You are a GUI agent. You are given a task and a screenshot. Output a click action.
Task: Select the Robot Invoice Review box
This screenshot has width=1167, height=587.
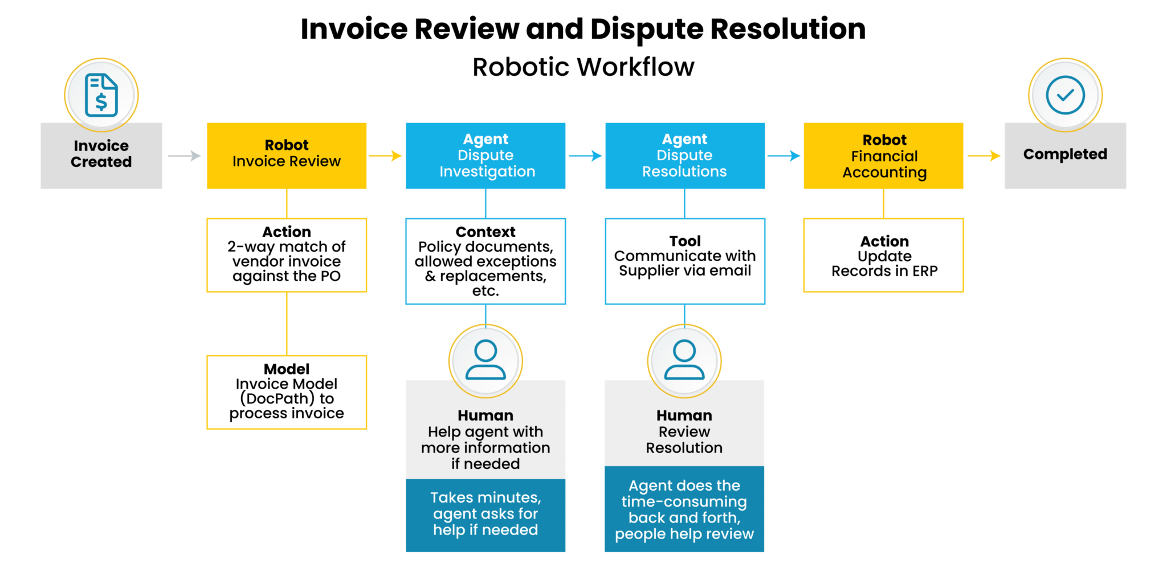286,155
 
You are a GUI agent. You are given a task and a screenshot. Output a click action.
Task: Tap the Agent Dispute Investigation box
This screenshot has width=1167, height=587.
485,155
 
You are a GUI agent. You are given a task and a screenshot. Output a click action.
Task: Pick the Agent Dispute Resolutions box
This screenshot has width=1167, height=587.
684,155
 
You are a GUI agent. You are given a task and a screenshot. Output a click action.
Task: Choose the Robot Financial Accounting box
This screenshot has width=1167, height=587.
883,155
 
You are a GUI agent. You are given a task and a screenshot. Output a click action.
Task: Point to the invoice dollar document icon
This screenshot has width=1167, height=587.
101,95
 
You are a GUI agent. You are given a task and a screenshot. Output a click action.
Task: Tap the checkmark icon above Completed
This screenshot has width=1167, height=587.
1065,95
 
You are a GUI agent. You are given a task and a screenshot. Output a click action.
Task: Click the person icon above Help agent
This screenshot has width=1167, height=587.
485,360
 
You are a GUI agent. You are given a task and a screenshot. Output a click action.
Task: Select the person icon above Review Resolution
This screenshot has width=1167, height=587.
684,360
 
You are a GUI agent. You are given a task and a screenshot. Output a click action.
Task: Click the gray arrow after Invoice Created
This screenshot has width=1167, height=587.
185,155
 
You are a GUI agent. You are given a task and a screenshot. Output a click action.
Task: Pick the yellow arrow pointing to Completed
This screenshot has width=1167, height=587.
984,156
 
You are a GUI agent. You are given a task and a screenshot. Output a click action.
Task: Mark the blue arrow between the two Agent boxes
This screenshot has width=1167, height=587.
586,156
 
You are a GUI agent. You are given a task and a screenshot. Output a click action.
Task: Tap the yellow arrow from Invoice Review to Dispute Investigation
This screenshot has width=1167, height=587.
386,155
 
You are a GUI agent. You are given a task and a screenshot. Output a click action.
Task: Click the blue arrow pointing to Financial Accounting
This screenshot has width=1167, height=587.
784,156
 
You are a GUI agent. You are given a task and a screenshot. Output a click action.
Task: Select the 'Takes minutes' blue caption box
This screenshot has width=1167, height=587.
485,515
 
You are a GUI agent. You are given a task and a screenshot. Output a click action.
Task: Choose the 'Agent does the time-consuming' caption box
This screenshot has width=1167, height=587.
684,509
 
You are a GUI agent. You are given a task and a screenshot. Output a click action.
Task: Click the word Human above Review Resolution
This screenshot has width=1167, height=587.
684,415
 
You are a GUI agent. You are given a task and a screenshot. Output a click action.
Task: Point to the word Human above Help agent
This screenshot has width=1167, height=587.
485,415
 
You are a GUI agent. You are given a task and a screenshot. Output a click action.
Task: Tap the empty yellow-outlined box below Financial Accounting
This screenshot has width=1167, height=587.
883,255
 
